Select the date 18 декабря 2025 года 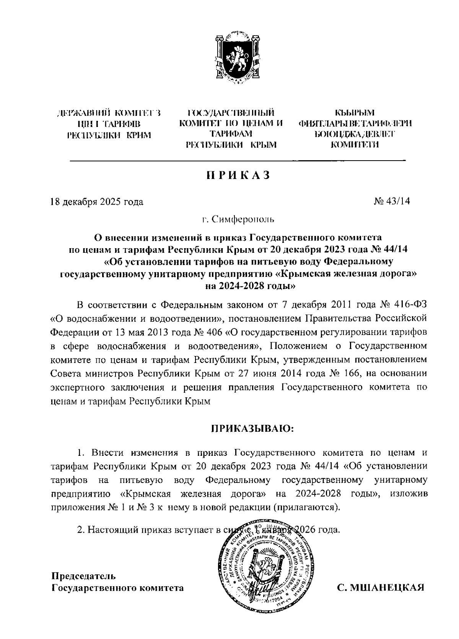coord(97,202)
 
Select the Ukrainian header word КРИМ coord(138,135)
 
